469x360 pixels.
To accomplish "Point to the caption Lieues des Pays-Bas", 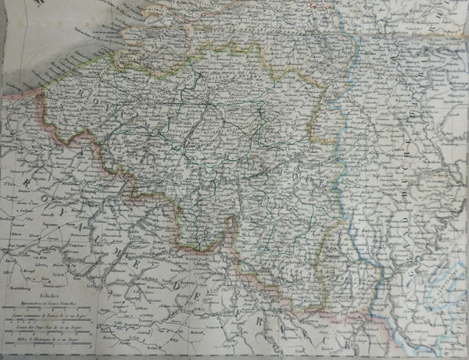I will [47, 328].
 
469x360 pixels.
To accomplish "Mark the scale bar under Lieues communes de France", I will [47, 319].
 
